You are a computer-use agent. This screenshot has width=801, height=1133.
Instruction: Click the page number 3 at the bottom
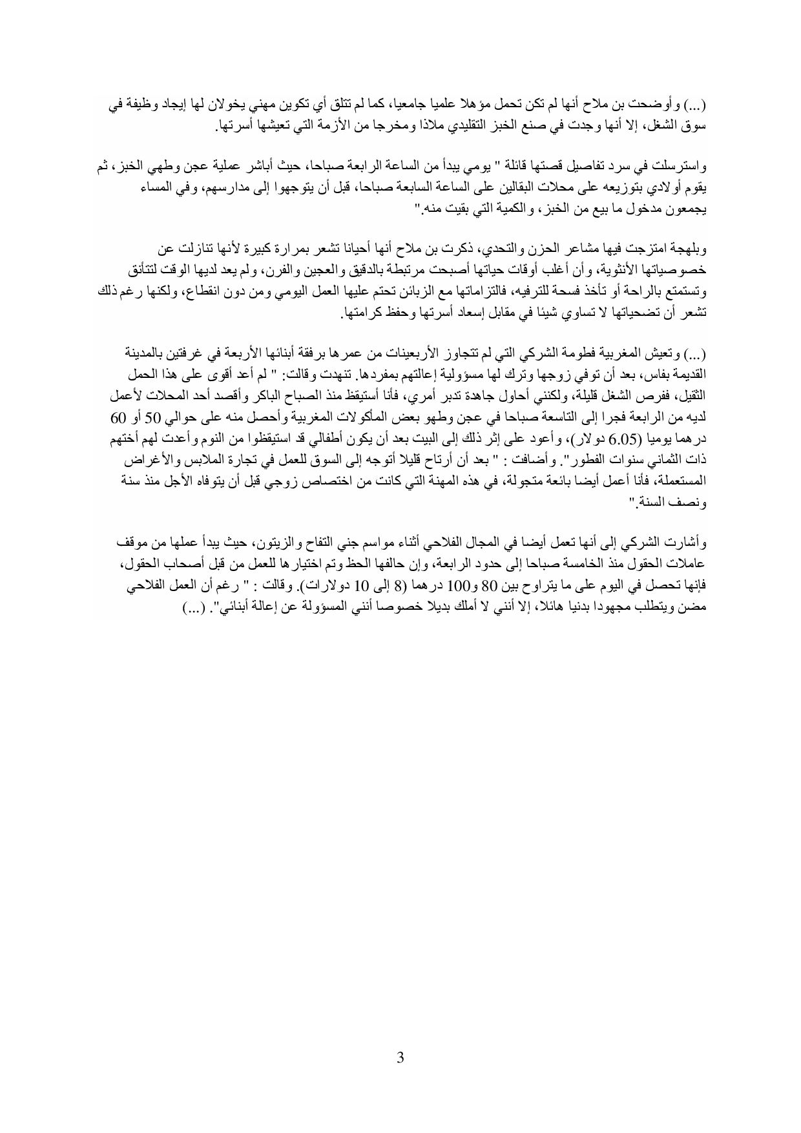click(400, 1057)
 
